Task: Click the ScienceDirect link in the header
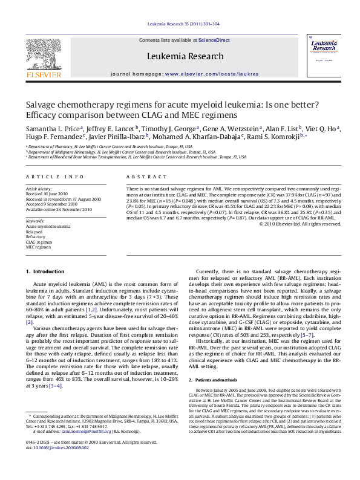coord(215,39)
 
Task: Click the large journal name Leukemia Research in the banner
coord(180,56)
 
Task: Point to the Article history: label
coord(39,189)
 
